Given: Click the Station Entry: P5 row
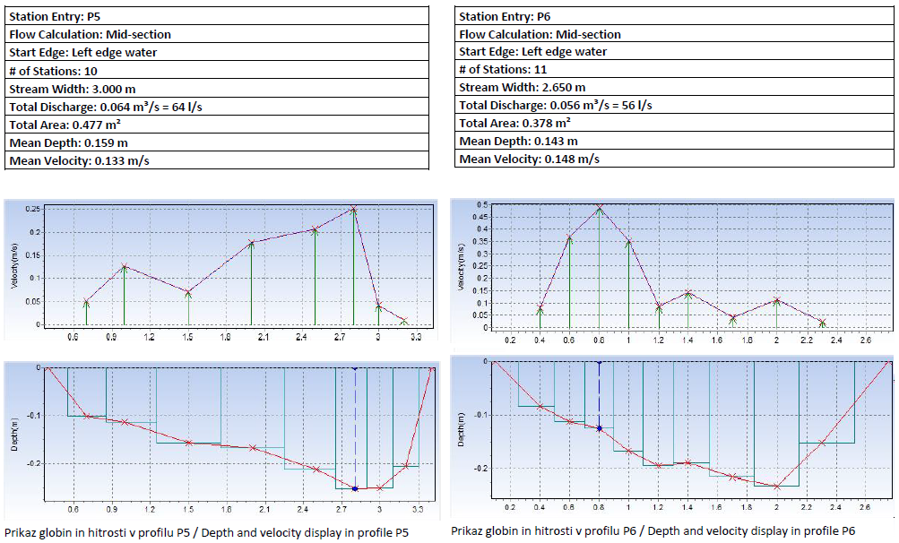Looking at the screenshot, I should pyautogui.click(x=215, y=16).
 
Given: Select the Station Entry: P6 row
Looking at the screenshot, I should pyautogui.click(x=672, y=16).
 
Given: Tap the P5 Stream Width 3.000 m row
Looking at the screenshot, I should pyautogui.click(x=215, y=89).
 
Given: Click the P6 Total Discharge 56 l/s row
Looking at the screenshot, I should pyautogui.click(x=672, y=105).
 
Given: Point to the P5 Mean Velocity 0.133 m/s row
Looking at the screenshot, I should pyautogui.click(x=215, y=161).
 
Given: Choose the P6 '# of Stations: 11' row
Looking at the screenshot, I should pyautogui.click(x=672, y=69).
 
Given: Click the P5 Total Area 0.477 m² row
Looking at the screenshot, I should pyautogui.click(x=215, y=125).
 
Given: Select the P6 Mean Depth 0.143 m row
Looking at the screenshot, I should pyautogui.click(x=672, y=141).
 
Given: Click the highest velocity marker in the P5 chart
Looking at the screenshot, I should pyautogui.click(x=353, y=209).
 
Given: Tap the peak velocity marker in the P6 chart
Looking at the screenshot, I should pyautogui.click(x=599, y=209).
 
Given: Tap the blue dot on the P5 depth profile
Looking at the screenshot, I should pyautogui.click(x=355, y=488).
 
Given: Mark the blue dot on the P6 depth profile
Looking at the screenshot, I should pyautogui.click(x=599, y=428).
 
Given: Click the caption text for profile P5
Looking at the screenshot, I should pyautogui.click(x=206, y=532).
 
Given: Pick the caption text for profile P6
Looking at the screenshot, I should pyautogui.click(x=653, y=530).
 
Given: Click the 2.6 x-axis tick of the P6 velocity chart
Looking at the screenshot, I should pyautogui.click(x=865, y=340).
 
